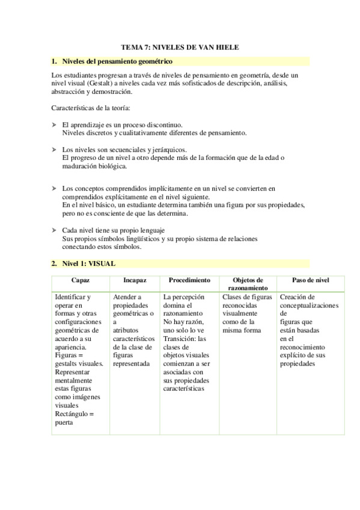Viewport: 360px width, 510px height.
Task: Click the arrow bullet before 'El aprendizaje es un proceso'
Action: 55,124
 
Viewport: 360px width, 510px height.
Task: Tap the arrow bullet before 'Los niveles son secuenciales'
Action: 55,149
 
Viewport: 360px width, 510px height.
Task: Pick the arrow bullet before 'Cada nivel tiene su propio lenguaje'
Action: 55,230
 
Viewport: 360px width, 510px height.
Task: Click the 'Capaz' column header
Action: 80,281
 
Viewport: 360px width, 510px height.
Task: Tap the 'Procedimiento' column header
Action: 189,281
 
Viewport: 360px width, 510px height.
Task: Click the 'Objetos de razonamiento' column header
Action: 247,284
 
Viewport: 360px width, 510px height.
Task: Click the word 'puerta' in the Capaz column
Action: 64,422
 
